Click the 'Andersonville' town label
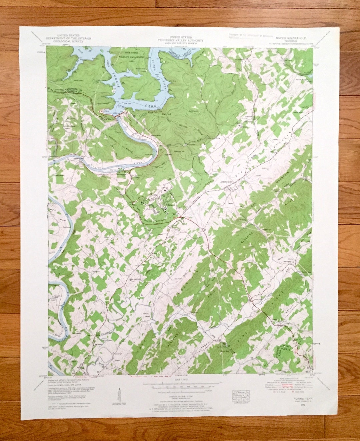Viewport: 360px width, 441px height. tap(228, 181)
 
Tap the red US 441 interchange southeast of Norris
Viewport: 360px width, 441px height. tap(181, 218)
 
